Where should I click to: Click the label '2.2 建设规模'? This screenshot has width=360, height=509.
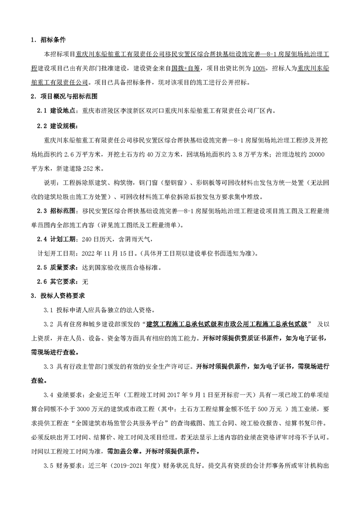click(x=57, y=125)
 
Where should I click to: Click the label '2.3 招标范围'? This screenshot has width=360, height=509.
click(x=57, y=211)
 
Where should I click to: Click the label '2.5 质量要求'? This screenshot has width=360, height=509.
click(x=57, y=268)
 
